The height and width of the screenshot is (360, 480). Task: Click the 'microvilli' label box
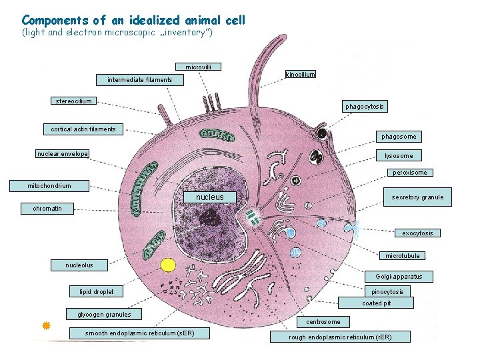(x=198, y=67)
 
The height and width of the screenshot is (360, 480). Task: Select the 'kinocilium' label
(x=300, y=74)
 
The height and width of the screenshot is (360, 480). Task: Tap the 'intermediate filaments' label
(x=139, y=80)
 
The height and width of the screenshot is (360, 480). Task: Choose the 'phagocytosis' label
(x=365, y=107)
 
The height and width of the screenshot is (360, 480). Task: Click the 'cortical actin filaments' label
(x=83, y=129)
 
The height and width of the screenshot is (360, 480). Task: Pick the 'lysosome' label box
(x=399, y=155)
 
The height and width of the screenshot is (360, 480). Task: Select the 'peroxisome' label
(x=409, y=173)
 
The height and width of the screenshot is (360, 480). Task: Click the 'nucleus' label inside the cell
(x=209, y=197)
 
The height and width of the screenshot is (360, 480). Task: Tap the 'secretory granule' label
(x=417, y=197)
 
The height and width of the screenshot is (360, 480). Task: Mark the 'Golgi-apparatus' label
(x=399, y=276)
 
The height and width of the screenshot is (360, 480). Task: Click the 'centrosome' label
(x=323, y=322)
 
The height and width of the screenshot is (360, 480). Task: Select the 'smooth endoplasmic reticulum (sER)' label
(x=139, y=333)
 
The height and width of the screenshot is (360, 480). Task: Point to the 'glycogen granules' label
(x=104, y=315)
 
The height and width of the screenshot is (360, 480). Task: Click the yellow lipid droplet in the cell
(x=168, y=265)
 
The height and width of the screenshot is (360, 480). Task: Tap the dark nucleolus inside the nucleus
(x=213, y=216)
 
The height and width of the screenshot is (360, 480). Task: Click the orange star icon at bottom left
(x=47, y=325)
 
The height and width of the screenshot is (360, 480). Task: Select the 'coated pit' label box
(x=377, y=303)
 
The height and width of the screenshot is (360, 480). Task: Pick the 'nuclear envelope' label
(x=62, y=154)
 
